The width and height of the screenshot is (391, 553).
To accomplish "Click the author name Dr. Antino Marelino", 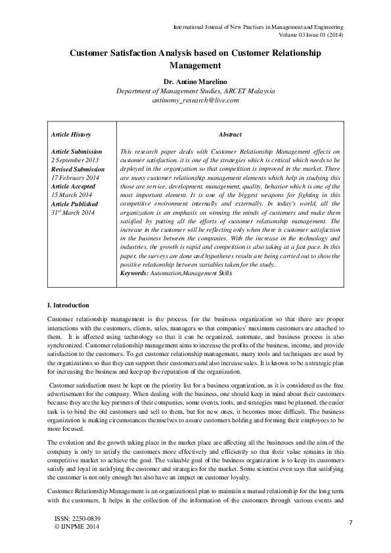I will coord(195,81).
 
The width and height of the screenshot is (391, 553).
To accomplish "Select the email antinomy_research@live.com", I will coord(195,100).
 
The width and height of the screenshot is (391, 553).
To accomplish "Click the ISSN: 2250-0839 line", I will coord(77,519).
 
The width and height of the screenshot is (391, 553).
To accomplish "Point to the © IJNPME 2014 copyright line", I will coord(76,527).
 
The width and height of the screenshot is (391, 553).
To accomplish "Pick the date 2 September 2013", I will coord(76,160).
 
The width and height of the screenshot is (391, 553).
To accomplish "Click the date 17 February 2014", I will coord(74,177).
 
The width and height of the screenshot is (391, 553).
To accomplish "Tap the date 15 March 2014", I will coord(72,195).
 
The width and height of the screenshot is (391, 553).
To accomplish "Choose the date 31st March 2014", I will coord(72,213).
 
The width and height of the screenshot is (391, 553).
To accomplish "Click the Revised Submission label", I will coord(78,169).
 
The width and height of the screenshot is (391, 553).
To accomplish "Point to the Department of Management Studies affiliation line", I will coord(195,91).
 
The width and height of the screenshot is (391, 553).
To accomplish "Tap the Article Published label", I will coord(74,204).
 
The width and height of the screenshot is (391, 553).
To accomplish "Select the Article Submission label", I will coord(76,151).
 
